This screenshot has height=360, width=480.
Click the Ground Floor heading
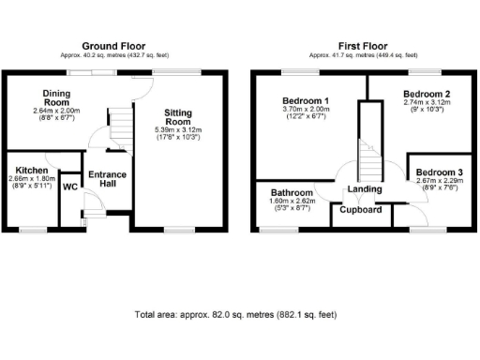115,45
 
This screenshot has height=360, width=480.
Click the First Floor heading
363,45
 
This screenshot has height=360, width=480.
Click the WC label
69,187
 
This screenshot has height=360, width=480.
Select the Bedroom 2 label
427,95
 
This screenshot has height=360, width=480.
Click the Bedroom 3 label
439,172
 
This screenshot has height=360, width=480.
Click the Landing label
364,189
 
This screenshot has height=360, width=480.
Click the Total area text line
235,314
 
